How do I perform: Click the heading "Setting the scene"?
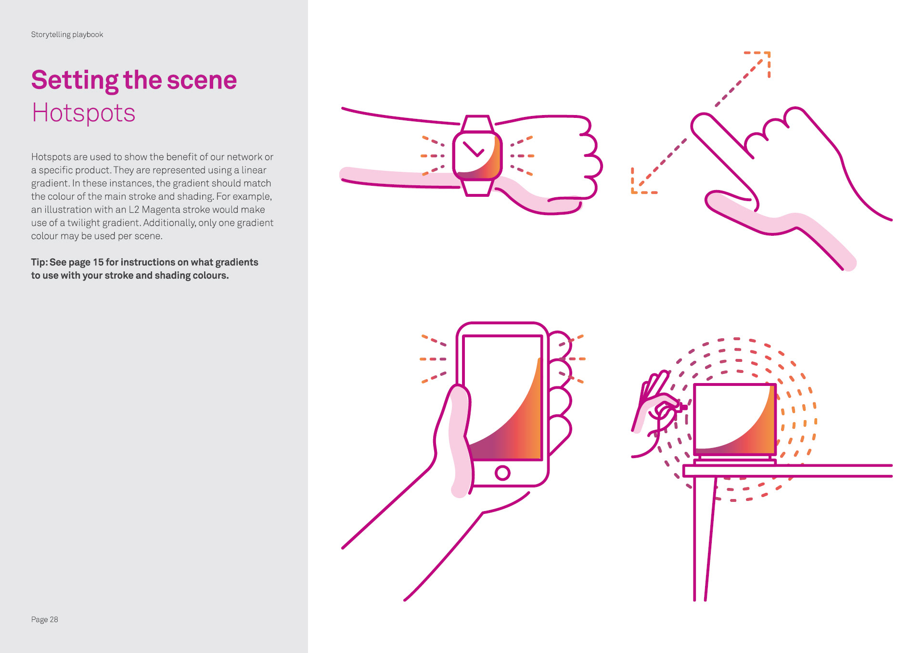click(x=134, y=80)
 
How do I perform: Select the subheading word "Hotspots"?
click(x=83, y=113)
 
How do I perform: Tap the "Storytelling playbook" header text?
click(x=67, y=35)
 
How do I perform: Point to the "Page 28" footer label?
click(x=44, y=619)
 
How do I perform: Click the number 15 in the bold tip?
click(x=98, y=262)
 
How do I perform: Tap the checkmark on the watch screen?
click(x=474, y=149)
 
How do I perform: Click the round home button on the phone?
click(x=502, y=473)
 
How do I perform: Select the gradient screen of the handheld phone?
click(x=502, y=397)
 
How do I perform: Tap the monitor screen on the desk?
click(x=735, y=419)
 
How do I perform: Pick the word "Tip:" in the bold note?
click(x=39, y=262)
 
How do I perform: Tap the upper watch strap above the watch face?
click(x=477, y=124)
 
